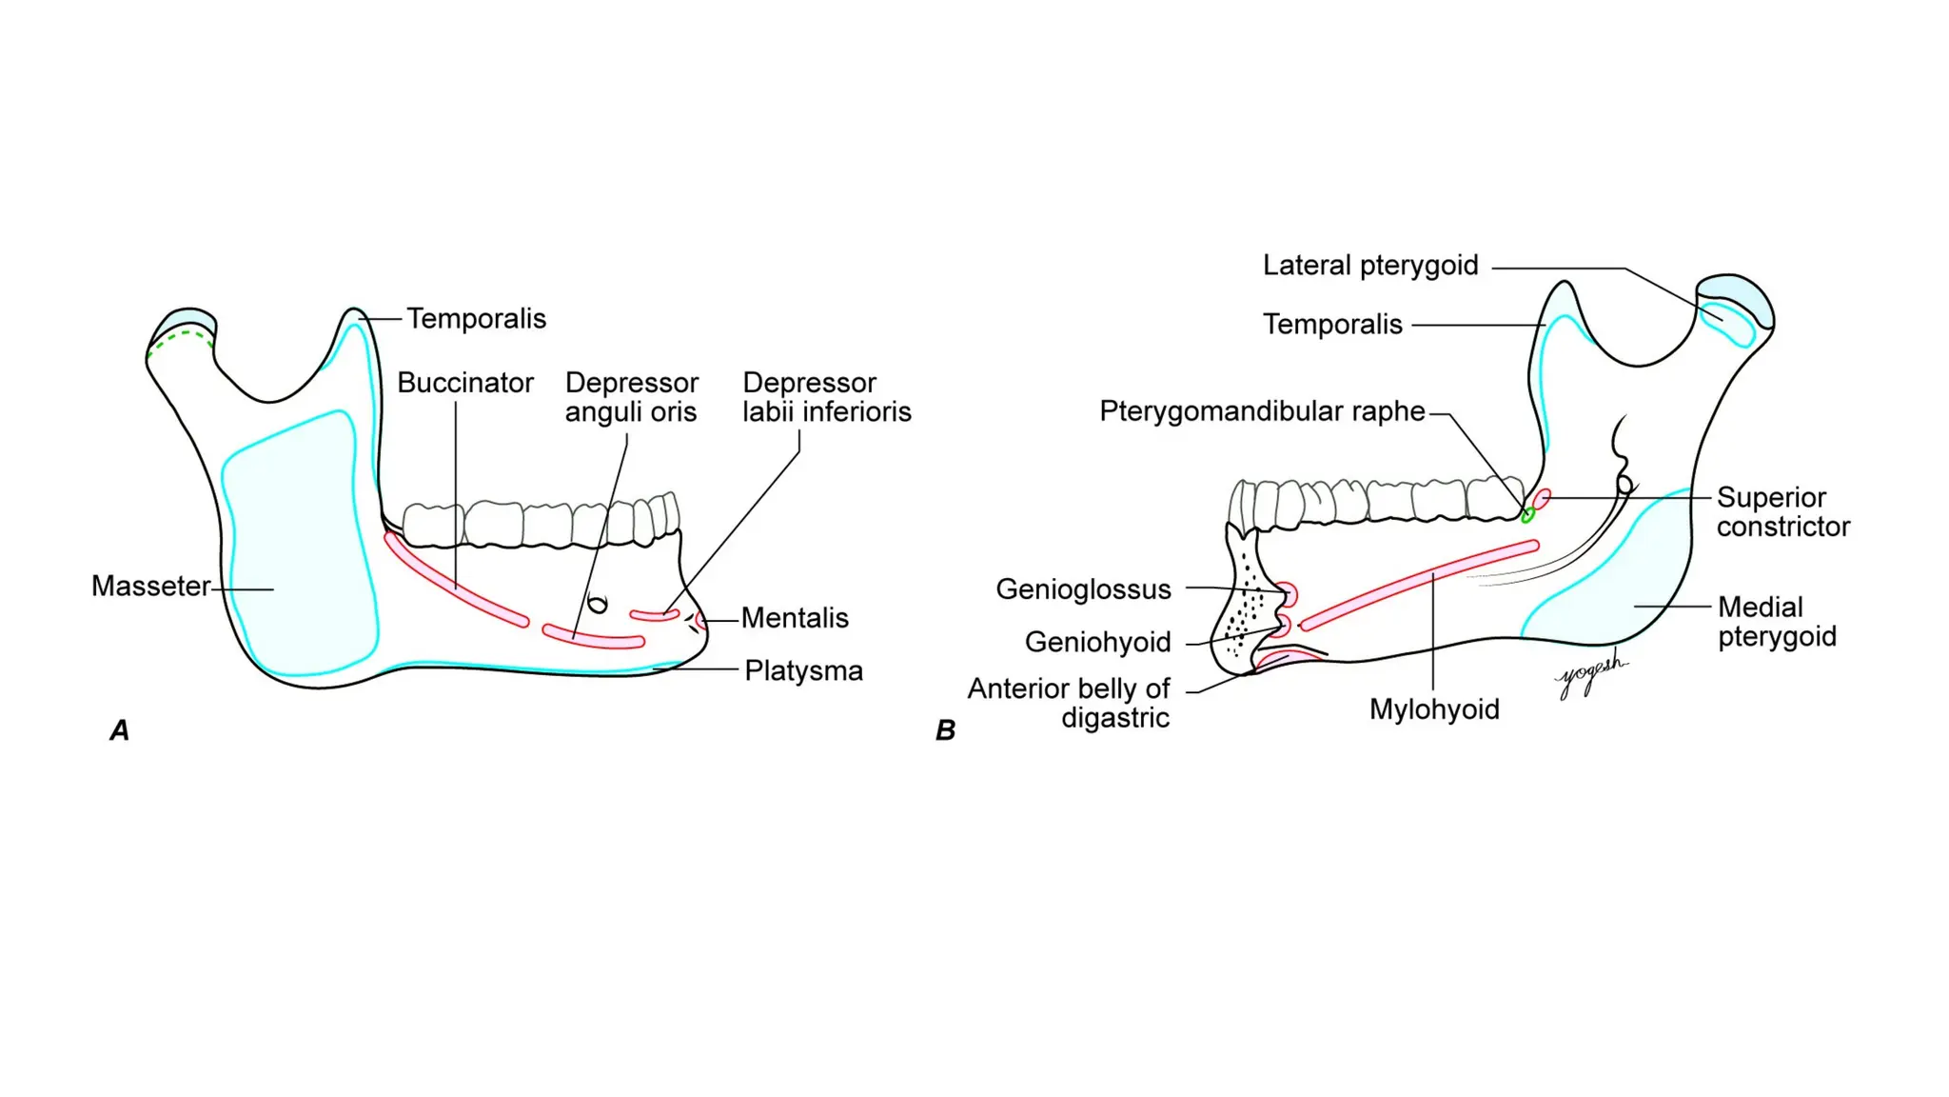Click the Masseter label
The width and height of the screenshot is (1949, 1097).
[150, 586]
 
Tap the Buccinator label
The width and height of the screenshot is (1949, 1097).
[465, 383]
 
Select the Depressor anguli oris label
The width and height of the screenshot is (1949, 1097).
[632, 397]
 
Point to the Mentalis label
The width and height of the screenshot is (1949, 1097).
[795, 618]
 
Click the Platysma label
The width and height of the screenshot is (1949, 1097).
[803, 671]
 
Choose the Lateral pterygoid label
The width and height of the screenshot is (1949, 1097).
[1370, 266]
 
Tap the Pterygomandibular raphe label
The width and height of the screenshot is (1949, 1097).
[1262, 411]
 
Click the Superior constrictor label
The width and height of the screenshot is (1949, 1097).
[1782, 512]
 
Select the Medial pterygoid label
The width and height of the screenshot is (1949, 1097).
[1777, 622]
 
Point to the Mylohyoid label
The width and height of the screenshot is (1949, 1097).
[1434, 709]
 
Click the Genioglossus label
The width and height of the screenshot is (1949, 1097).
[1083, 589]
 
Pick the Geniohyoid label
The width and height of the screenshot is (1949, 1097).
[1097, 643]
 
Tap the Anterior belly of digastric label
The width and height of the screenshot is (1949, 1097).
[1069, 703]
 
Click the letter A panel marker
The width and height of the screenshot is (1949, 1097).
[120, 730]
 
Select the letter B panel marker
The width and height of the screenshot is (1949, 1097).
[945, 730]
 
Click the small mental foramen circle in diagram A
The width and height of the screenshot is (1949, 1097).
[598, 604]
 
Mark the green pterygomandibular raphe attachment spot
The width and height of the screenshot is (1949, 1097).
[1527, 515]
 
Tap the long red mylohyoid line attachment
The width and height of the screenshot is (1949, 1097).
[1418, 585]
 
